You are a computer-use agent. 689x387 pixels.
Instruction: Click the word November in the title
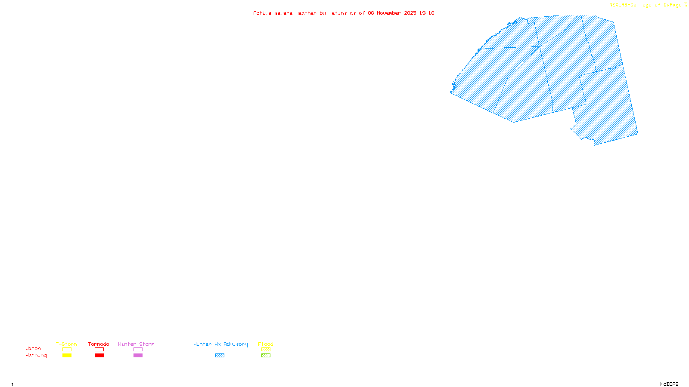click(389, 13)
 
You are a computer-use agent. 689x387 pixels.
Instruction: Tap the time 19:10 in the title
click(427, 13)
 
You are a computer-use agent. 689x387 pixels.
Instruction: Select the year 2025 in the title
click(410, 13)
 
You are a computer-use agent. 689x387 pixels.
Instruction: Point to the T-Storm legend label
click(66, 344)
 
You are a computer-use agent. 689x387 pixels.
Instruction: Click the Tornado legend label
click(99, 344)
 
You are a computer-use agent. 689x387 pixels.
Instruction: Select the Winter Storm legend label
click(136, 344)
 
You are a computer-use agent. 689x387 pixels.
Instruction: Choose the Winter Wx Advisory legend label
click(220, 344)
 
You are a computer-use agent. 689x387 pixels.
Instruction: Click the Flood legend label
click(266, 344)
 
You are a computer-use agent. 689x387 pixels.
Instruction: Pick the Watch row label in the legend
click(33, 348)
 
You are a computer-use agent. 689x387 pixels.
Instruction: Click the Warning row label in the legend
click(36, 355)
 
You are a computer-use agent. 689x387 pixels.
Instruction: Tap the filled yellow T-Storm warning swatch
click(67, 356)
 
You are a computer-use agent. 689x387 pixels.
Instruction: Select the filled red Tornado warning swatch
click(99, 356)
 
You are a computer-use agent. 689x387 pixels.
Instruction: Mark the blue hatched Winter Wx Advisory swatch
click(220, 356)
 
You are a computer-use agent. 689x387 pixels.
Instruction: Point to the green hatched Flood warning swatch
click(266, 356)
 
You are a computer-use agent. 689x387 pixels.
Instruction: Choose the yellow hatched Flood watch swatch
click(266, 350)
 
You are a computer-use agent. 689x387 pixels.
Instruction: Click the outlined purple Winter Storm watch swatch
click(138, 350)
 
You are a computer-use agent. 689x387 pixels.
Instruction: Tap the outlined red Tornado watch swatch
click(99, 350)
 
